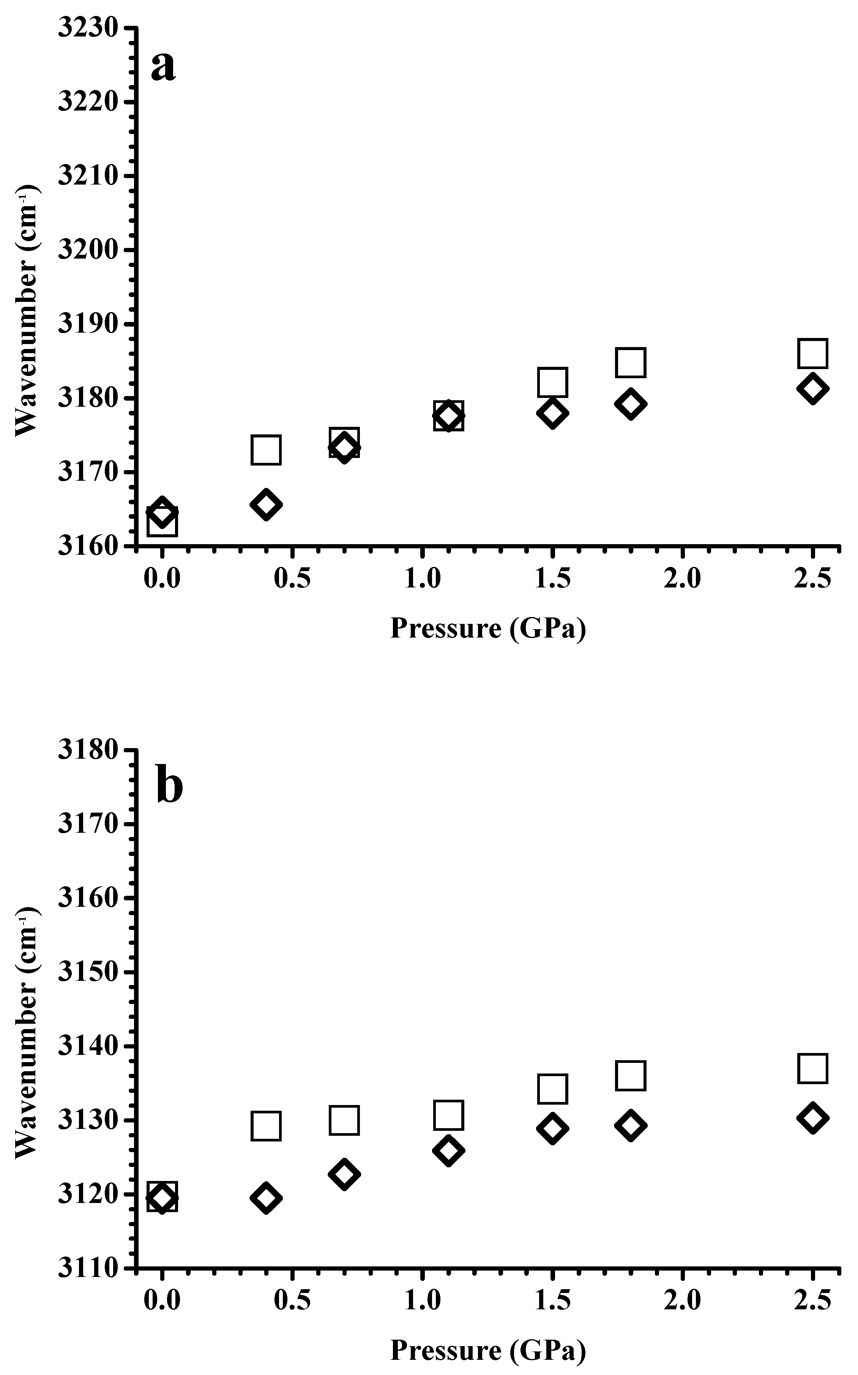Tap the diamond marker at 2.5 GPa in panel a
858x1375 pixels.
(812, 389)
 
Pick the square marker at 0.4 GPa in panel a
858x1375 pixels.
(266, 450)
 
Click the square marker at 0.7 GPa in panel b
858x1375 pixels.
(344, 1120)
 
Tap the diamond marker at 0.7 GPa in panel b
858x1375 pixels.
(344, 1173)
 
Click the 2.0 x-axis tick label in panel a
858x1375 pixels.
(681, 579)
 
